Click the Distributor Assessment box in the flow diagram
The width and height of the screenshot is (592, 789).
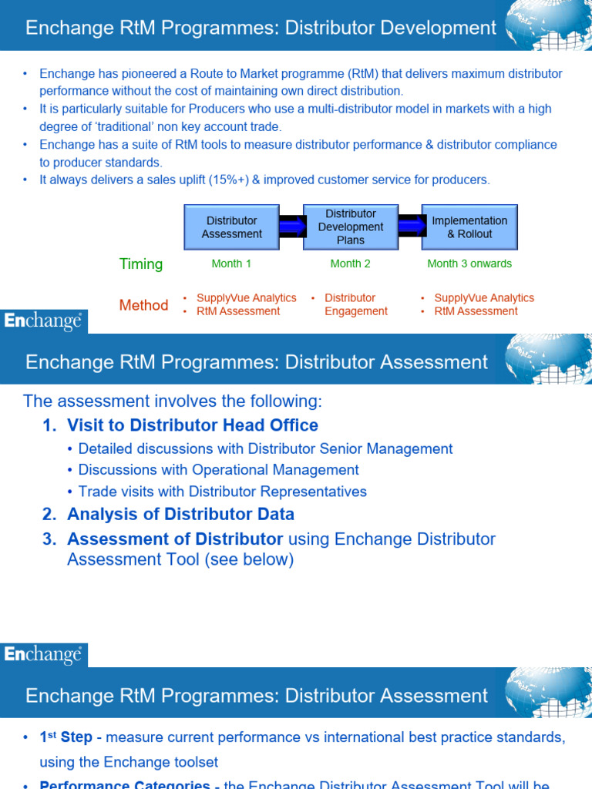(231, 227)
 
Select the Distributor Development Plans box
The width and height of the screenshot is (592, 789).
(350, 227)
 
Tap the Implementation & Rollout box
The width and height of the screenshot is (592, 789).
(469, 227)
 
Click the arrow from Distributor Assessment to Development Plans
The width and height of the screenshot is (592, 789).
(291, 227)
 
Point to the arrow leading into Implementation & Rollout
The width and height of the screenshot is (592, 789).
(410, 227)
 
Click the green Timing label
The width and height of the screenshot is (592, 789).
(141, 264)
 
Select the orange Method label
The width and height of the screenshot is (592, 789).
(143, 305)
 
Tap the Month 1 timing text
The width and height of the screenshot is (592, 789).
(231, 264)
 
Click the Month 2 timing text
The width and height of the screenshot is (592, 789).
(350, 264)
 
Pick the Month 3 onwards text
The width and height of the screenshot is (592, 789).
(469, 264)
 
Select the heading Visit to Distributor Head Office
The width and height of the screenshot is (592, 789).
(193, 425)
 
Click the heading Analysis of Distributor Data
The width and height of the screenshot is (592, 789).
(180, 514)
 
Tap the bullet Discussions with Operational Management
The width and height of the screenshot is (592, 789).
(218, 470)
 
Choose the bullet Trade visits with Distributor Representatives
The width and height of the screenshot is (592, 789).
(222, 492)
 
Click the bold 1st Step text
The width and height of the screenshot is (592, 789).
(66, 737)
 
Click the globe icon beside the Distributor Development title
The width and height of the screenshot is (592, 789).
(548, 25)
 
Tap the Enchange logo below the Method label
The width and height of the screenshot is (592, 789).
(43, 321)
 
